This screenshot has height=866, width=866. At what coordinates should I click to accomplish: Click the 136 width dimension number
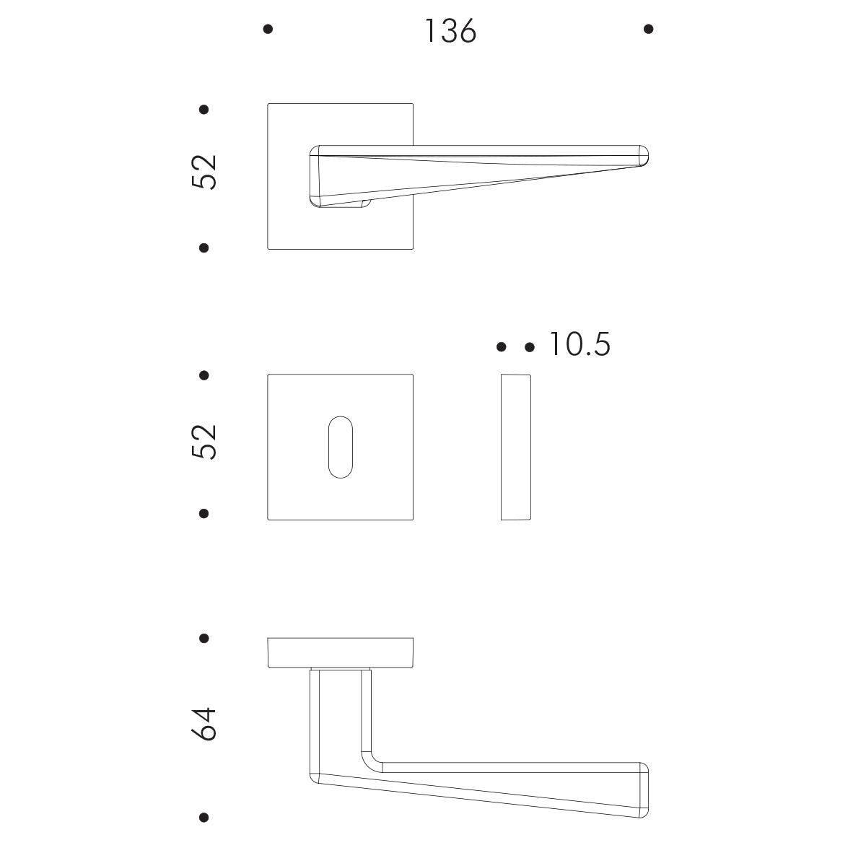pos(450,31)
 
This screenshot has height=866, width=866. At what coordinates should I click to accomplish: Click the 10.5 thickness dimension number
pos(579,345)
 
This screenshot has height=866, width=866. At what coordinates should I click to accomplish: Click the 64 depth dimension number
pos(204,724)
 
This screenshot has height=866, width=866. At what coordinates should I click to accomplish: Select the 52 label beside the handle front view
pos(204,172)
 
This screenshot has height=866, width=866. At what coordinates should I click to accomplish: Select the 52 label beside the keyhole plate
pos(204,442)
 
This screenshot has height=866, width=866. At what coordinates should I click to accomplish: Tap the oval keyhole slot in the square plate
pos(341,447)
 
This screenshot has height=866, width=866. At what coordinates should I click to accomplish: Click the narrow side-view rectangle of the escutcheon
pos(515,447)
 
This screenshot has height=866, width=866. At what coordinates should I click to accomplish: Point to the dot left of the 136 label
pos(268,30)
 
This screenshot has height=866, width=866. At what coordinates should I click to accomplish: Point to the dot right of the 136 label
pos(648,30)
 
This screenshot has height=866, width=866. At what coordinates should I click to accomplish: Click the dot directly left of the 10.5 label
pos(530,348)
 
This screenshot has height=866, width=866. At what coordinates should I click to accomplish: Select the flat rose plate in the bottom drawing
pos(340,652)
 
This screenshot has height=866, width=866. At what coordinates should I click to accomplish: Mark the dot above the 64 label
pos(204,639)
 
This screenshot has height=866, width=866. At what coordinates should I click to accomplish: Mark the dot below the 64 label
pos(204,818)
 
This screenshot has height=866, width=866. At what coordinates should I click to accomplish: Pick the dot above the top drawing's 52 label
pos(204,110)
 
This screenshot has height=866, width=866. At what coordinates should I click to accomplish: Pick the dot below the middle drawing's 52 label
pos(204,514)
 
